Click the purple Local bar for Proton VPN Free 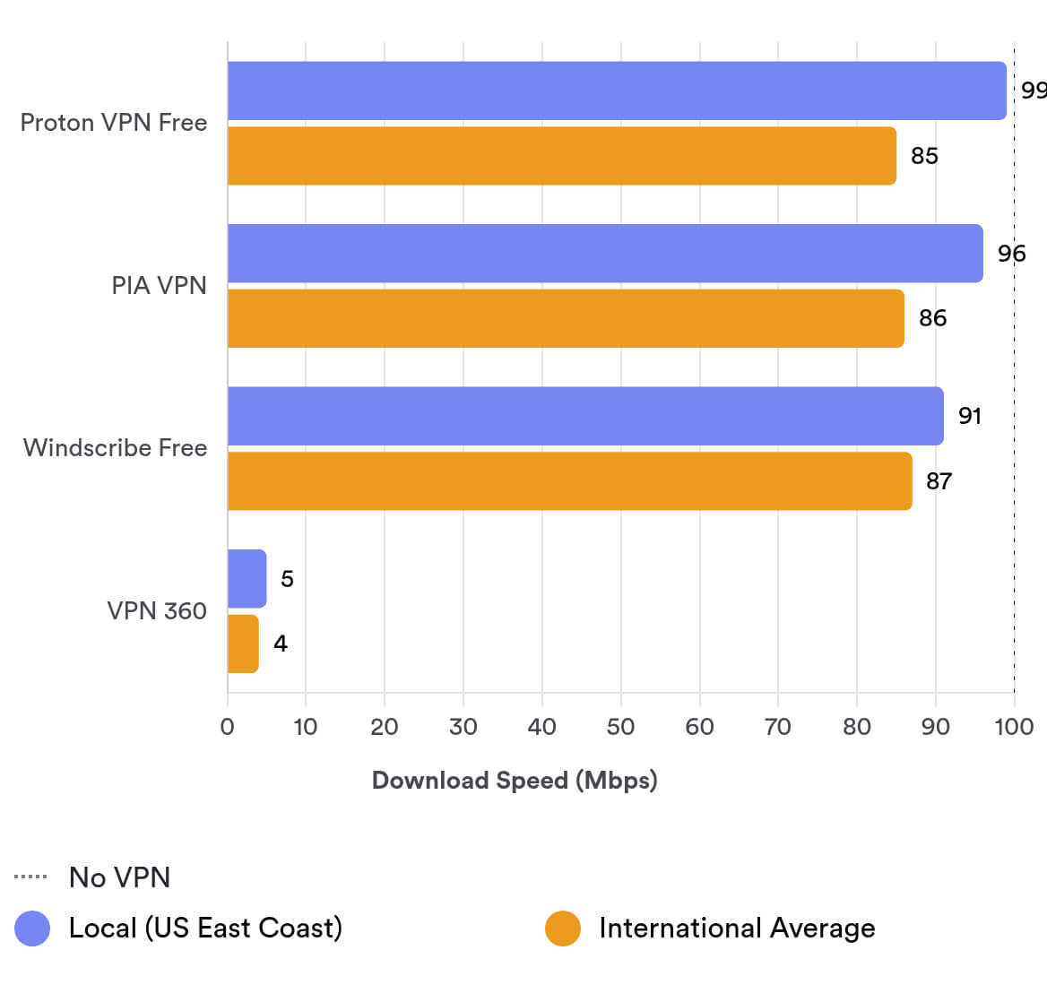pyautogui.click(x=617, y=91)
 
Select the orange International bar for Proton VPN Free pyautogui.click(x=562, y=156)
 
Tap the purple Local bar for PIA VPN pyautogui.click(x=605, y=254)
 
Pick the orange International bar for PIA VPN pyautogui.click(x=566, y=318)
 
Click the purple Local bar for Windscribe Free pyautogui.click(x=585, y=416)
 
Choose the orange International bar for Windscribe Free pyautogui.click(x=569, y=481)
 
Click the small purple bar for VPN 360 pyautogui.click(x=247, y=579)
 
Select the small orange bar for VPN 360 pyautogui.click(x=243, y=644)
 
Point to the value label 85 pyautogui.click(x=924, y=156)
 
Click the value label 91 pyautogui.click(x=969, y=416)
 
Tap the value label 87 pyautogui.click(x=939, y=481)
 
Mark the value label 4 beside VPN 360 pyautogui.click(x=281, y=644)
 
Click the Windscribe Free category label pyautogui.click(x=115, y=447)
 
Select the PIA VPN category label pyautogui.click(x=159, y=285)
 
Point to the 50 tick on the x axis pyautogui.click(x=620, y=727)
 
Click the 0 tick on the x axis pyautogui.click(x=228, y=727)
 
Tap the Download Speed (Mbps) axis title pyautogui.click(x=515, y=780)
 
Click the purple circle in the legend pyautogui.click(x=32, y=929)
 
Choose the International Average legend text pyautogui.click(x=737, y=929)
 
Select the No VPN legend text pyautogui.click(x=119, y=877)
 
